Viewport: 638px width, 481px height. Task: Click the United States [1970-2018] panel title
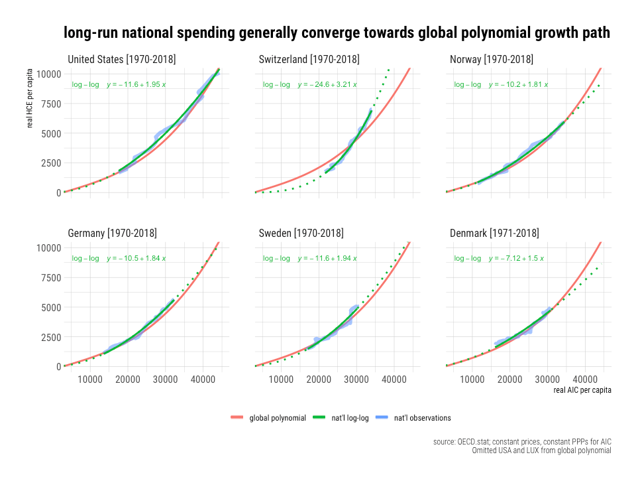122,60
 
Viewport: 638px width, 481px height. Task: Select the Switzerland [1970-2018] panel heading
309,60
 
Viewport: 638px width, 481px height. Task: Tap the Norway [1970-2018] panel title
492,60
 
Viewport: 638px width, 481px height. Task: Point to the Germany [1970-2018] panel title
113,234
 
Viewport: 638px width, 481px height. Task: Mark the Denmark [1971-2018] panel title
494,234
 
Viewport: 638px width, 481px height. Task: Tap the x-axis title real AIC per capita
582,390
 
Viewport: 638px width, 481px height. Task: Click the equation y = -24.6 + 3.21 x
327,85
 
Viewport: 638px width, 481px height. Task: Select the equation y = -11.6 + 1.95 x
136,85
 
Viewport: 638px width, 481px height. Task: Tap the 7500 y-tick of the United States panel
51,103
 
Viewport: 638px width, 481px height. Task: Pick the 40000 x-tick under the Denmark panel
585,379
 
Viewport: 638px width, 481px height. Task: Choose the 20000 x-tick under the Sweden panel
319,379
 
